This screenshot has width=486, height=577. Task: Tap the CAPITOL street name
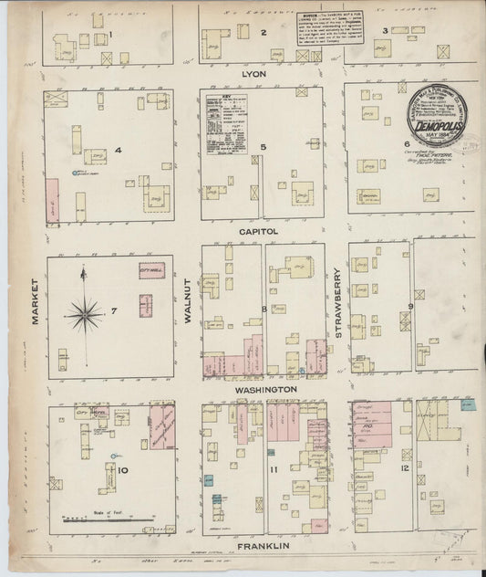[x=259, y=232]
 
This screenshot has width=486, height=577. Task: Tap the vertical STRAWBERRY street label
[x=336, y=302]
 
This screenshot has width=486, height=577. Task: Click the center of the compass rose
[x=85, y=315]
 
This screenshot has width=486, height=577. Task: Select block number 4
[x=118, y=150]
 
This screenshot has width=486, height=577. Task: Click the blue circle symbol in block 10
[x=113, y=455]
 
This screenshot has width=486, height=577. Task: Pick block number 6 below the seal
[x=406, y=144]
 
